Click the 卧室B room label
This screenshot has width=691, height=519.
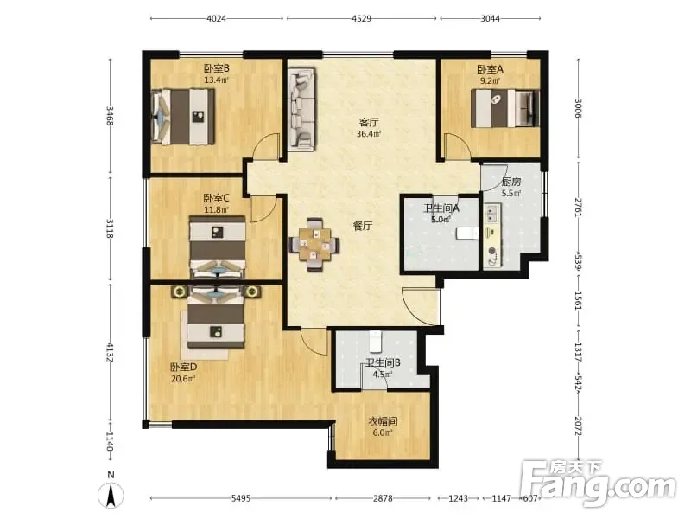pos(216,68)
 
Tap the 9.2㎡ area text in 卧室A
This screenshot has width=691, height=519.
pos(490,80)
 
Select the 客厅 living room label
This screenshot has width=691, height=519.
pos(369,122)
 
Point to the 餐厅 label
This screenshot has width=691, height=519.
pos(363,226)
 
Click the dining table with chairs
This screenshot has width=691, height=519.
pos(314,245)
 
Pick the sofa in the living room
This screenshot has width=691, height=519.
pos(301,109)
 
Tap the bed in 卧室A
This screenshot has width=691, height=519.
pos(505,109)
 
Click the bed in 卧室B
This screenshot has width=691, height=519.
pos(183,117)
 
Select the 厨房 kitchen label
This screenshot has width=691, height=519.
pos(511,182)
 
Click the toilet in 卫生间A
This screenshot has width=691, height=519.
pos(466,233)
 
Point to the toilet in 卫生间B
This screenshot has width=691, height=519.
pos(376,341)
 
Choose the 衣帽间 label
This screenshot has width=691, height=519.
pos(383,421)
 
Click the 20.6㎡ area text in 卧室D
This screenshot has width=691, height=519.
pos(183,378)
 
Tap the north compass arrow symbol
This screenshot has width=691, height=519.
pos(111,495)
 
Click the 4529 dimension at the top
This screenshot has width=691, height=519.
pos(361,18)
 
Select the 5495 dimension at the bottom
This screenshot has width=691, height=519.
pos(241,498)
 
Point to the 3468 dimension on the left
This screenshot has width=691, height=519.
pos(111,116)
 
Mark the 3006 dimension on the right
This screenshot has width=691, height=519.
pos(579,109)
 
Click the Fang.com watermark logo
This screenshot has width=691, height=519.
pos(598,484)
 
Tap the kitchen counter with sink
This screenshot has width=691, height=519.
pos(492,235)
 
